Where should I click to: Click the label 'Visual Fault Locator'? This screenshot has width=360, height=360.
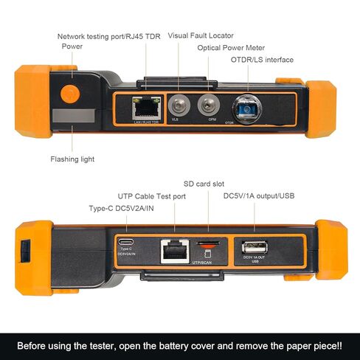(201, 35)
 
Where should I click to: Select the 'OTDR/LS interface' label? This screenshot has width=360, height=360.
(262, 60)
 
